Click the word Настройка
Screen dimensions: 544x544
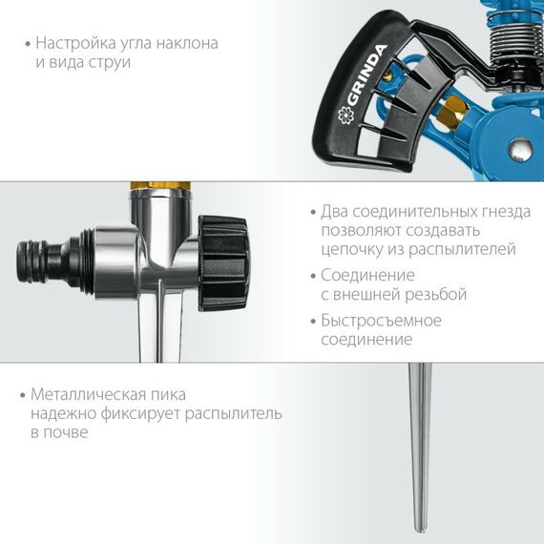(x=74, y=44)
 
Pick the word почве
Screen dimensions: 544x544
(x=73, y=432)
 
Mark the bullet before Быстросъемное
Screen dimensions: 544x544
(x=312, y=322)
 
